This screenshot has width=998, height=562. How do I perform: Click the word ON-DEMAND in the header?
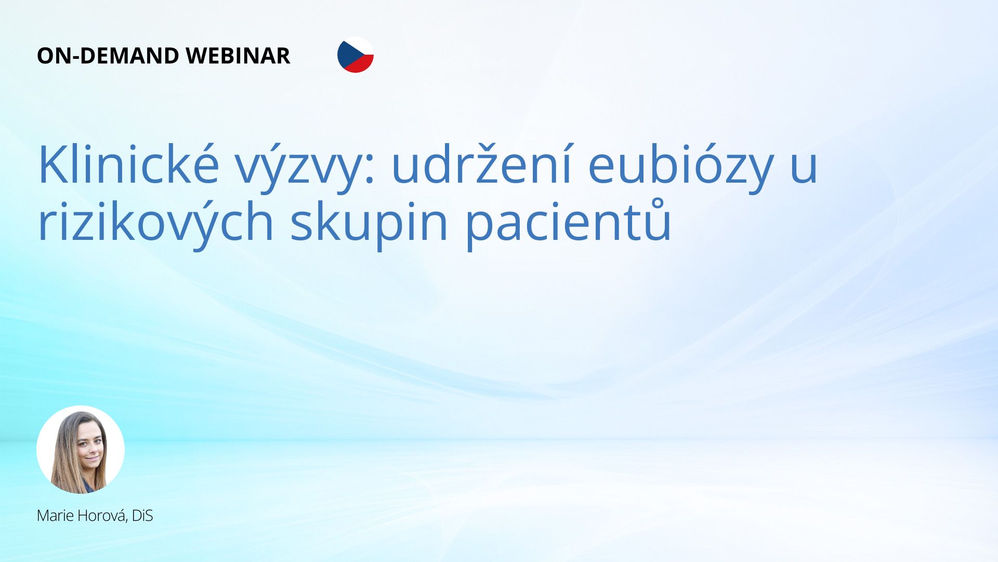[x=108, y=56]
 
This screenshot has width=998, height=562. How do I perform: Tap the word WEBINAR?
[x=238, y=56]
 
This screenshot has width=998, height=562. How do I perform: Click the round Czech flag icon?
[x=356, y=55]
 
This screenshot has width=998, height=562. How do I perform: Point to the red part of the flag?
[x=362, y=65]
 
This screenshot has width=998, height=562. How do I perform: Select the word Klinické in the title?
[x=128, y=164]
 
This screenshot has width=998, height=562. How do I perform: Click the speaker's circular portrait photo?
[x=81, y=450]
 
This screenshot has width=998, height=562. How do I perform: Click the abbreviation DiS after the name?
[x=142, y=516]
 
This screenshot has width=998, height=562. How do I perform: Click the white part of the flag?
[x=364, y=47]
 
